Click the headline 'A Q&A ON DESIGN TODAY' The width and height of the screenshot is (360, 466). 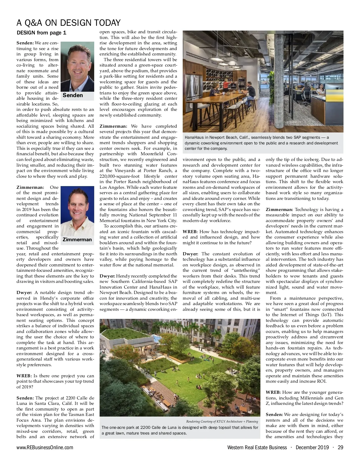click(68, 23)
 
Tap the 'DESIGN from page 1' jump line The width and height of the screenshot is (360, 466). click(41, 33)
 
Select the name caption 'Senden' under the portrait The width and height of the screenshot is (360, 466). click(73, 95)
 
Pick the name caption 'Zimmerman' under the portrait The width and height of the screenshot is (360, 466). click(77, 239)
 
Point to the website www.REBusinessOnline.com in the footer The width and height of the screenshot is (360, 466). click(45, 447)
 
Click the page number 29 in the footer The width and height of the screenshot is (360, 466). click(340, 447)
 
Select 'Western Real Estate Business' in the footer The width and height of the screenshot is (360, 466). click(257, 447)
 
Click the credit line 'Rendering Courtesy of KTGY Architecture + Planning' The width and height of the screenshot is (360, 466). click(222, 421)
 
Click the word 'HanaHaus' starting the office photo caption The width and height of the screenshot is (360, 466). click(194, 138)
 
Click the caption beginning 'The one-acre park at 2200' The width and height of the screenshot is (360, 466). click(180, 430)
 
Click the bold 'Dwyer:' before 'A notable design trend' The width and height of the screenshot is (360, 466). click(24, 292)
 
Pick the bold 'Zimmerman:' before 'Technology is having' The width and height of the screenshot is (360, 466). click(279, 209)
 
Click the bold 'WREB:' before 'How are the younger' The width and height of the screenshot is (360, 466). click(273, 392)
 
